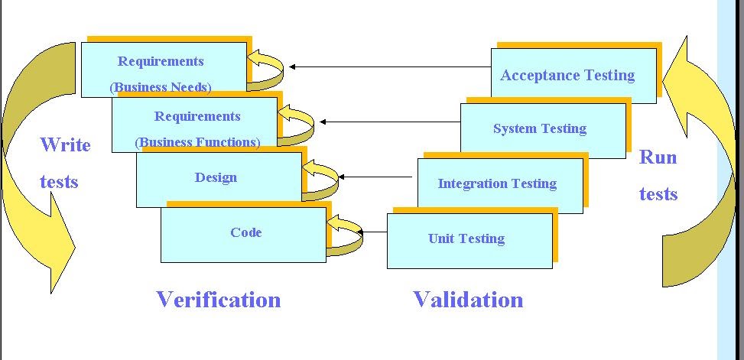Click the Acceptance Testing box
573,76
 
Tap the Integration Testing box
498,184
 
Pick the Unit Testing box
467,239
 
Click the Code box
245,233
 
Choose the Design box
216,178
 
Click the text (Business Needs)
161,87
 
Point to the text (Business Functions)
197,142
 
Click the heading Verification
219,300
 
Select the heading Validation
468,300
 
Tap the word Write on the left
65,145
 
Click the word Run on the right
658,157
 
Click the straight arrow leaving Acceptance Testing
390,67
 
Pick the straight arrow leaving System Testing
390,122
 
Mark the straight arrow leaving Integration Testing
378,177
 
